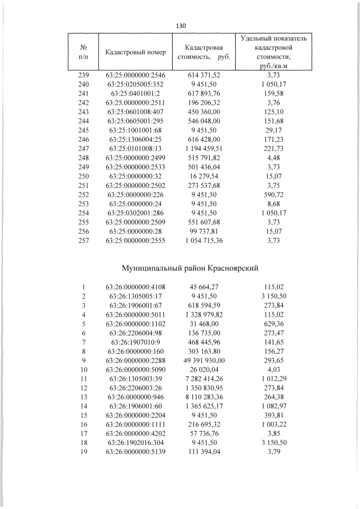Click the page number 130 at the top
coord(181,26)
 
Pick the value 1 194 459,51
coord(205,148)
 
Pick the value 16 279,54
coord(205,175)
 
